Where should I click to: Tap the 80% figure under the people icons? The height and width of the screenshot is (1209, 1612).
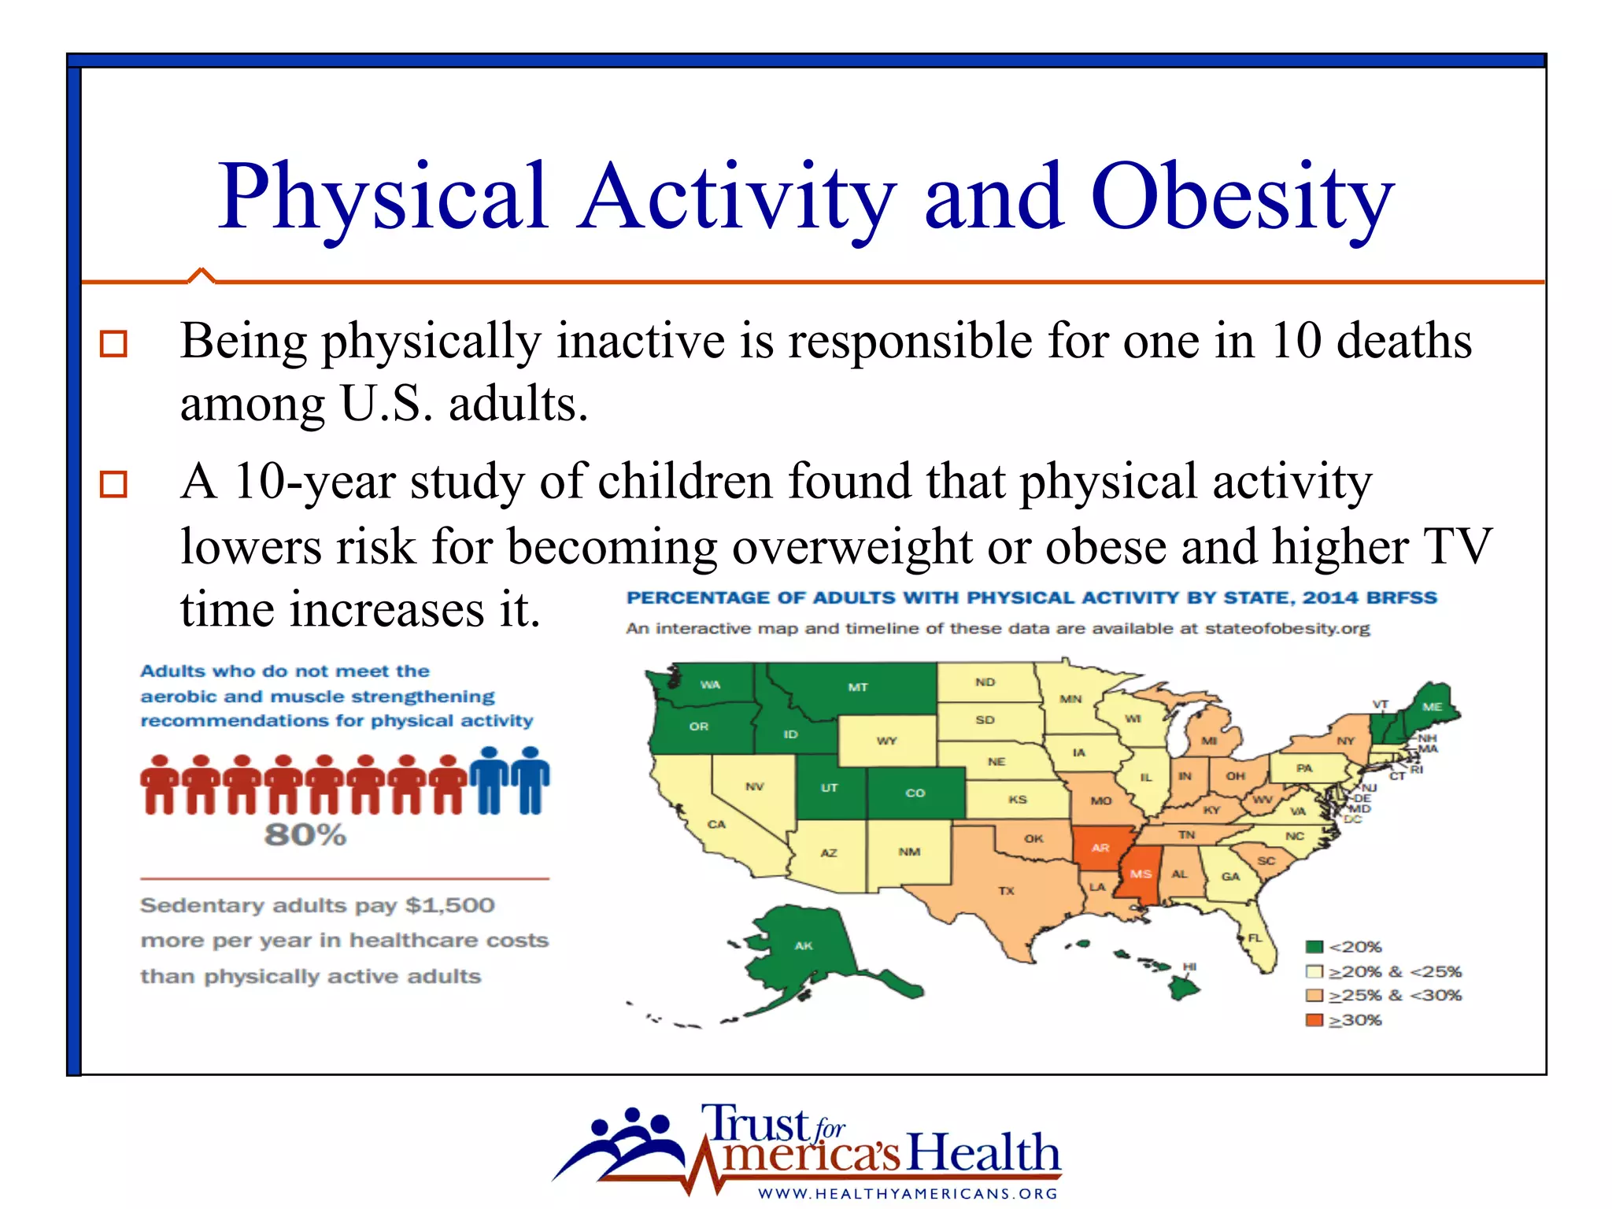click(x=305, y=834)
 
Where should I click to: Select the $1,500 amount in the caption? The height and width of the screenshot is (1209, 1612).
click(x=450, y=905)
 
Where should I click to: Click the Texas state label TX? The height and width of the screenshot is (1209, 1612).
click(x=1006, y=891)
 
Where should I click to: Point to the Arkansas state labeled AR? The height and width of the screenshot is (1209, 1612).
click(x=1100, y=848)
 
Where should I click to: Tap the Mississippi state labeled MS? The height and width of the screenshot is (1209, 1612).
click(x=1141, y=874)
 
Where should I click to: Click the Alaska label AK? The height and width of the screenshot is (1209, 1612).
click(x=803, y=945)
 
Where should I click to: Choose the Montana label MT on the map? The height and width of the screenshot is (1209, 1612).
click(x=857, y=687)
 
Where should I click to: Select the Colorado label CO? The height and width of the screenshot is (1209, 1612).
click(x=915, y=793)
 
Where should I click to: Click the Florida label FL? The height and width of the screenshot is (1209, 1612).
click(x=1255, y=937)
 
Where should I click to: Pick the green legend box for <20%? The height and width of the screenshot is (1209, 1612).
click(x=1314, y=947)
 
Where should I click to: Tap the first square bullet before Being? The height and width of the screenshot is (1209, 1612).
click(x=113, y=344)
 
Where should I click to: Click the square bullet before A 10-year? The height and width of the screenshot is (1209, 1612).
click(x=113, y=484)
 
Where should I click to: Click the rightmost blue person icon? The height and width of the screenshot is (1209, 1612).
click(x=531, y=779)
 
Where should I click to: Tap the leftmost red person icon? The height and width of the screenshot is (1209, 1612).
click(x=161, y=784)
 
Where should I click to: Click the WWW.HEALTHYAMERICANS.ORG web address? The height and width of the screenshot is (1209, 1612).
click(x=908, y=1193)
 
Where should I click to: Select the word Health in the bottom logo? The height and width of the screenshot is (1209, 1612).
click(x=983, y=1153)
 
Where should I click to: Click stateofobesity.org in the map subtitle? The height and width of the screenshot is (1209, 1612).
click(x=1287, y=628)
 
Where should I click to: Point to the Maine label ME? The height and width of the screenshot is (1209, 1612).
click(x=1432, y=707)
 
